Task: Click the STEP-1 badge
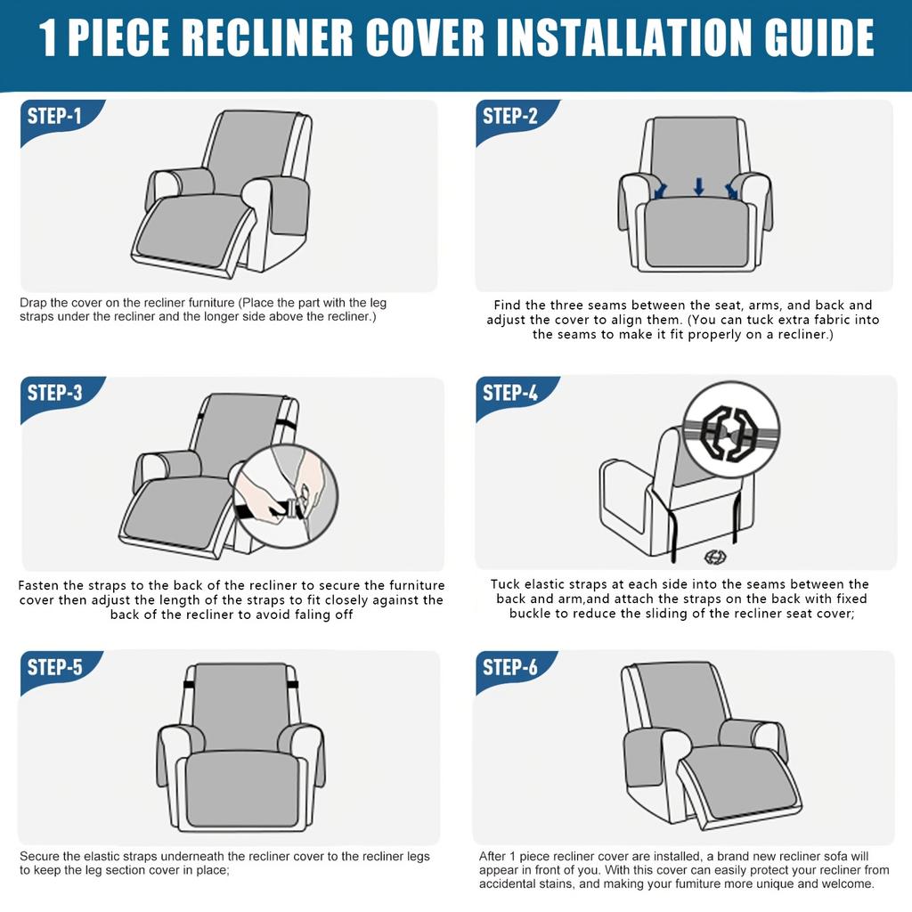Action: coord(56,117)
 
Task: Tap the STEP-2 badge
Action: coord(511,117)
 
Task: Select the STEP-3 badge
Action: coord(56,394)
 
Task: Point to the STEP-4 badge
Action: coord(511,393)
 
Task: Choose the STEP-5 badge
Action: coord(56,668)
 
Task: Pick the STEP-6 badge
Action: coord(511,668)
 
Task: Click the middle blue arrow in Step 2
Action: coord(699,186)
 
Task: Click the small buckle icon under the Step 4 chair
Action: coord(714,557)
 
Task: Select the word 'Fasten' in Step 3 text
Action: coord(39,585)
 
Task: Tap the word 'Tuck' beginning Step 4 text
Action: coord(506,584)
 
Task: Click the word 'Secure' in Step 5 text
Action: coord(41,856)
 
